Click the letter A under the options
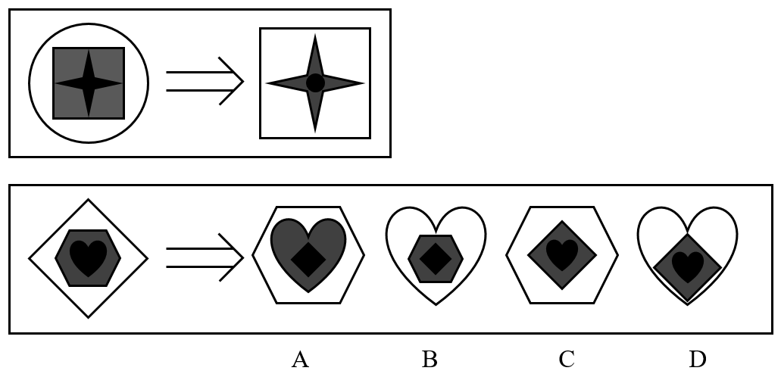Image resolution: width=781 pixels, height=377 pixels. point(300,360)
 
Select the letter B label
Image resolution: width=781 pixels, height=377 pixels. point(430,360)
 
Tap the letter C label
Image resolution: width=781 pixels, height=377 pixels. point(567,360)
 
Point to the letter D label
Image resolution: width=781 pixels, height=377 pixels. point(698,360)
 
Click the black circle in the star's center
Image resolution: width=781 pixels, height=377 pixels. point(315,83)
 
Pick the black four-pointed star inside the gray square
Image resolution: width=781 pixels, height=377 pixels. point(89,83)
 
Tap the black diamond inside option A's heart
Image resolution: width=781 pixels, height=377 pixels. point(308,260)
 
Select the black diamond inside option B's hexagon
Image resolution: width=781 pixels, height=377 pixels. point(436,259)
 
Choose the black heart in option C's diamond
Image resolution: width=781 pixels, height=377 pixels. point(562,255)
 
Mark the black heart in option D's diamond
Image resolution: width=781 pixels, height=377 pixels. point(687,267)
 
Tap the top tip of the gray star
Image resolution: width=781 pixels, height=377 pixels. point(315,34)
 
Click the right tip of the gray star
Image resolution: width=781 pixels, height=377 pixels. point(364,83)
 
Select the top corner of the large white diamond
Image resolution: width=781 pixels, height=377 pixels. point(88,199)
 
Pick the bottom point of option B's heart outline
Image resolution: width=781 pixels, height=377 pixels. point(436,305)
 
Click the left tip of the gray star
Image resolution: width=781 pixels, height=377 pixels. point(267,83)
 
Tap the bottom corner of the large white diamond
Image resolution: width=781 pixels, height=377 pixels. point(88,317)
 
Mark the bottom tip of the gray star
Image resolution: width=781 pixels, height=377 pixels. point(315,132)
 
